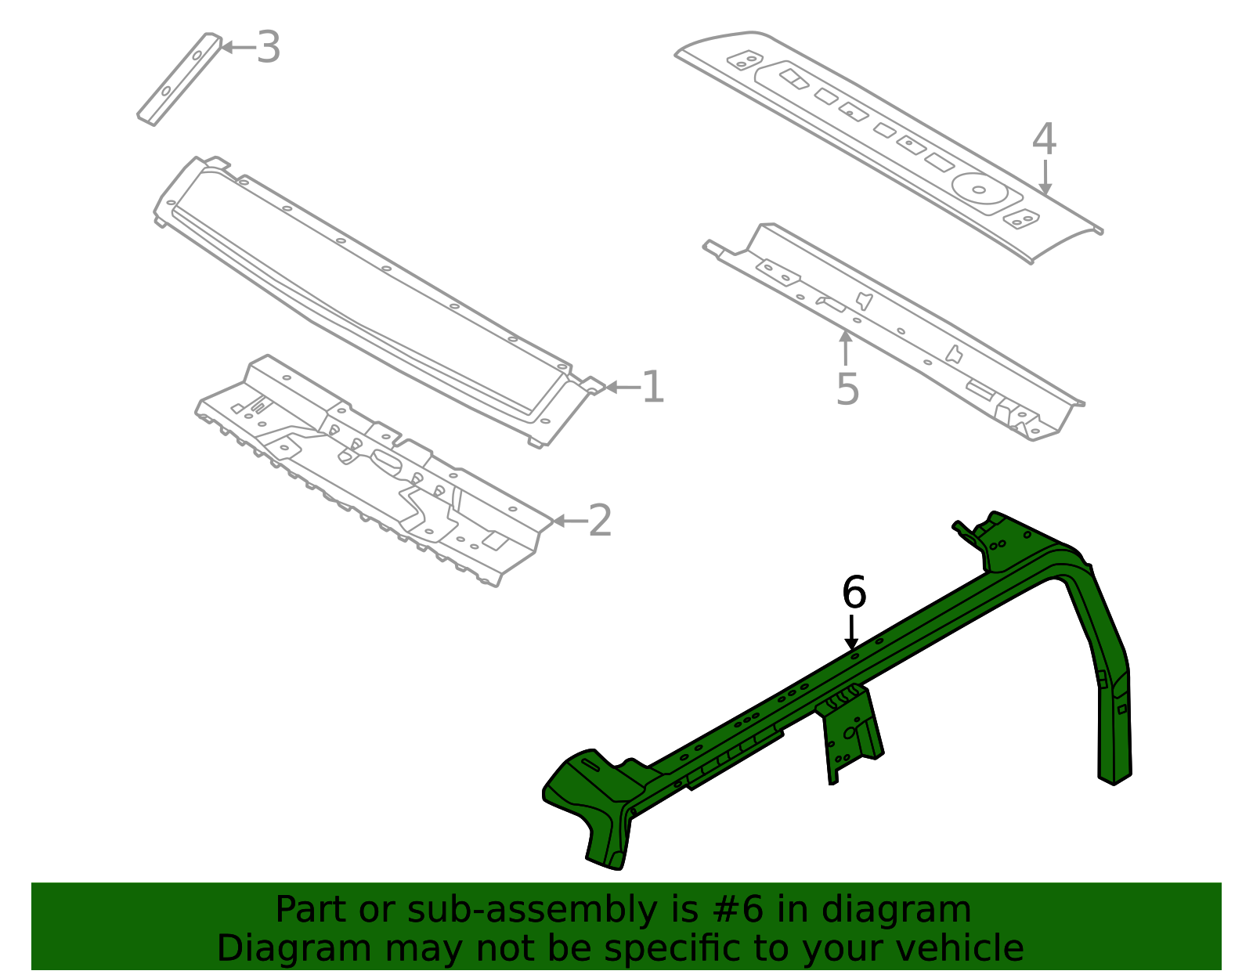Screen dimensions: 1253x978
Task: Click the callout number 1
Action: point(653,388)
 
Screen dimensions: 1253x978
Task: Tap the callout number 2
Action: point(600,521)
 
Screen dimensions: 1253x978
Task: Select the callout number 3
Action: point(269,47)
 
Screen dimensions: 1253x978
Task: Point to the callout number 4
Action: point(1044,139)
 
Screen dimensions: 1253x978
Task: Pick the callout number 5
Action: point(847,389)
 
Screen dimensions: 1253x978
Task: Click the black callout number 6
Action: point(854,592)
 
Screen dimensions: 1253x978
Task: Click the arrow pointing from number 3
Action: point(238,47)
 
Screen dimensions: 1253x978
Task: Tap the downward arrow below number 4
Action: point(1045,177)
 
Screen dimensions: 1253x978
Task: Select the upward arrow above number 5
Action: point(845,348)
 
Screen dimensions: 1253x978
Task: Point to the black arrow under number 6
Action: point(852,632)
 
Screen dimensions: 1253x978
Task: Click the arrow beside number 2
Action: point(570,521)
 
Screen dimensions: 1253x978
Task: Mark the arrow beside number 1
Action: point(623,388)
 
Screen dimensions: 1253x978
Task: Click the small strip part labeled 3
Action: point(179,79)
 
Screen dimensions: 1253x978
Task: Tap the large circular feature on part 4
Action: point(980,189)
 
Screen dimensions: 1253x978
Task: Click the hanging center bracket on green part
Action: point(850,732)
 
